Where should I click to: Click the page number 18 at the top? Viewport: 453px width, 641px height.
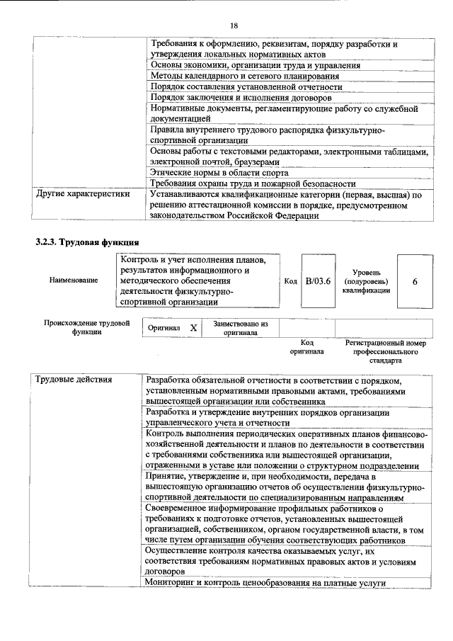tap(233, 25)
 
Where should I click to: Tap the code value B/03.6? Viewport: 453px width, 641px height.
tap(318, 281)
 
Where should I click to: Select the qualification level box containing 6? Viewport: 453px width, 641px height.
tap(415, 281)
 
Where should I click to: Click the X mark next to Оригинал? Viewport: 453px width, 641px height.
tap(193, 329)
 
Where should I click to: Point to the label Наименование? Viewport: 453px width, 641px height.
tap(74, 281)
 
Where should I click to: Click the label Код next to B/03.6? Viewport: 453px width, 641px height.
tap(290, 281)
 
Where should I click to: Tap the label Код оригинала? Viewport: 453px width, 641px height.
tap(307, 346)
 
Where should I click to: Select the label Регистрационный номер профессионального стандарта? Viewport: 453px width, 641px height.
tap(386, 351)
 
